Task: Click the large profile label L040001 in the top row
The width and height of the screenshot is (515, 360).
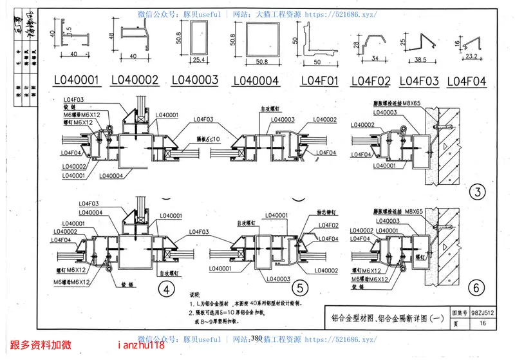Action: click(x=77, y=81)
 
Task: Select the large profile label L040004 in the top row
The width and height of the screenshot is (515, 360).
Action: click(x=255, y=81)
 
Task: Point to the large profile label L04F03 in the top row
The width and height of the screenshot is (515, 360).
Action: click(x=419, y=81)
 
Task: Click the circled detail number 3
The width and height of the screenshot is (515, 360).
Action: click(x=477, y=191)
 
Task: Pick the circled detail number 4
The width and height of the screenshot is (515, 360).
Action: click(x=167, y=290)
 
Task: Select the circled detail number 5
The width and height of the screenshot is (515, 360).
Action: click(x=299, y=288)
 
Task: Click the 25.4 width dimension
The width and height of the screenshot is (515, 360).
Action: click(x=198, y=61)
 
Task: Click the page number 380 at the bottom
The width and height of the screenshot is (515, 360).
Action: click(x=256, y=339)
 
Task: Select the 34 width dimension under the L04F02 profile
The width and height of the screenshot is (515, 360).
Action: click(x=370, y=59)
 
